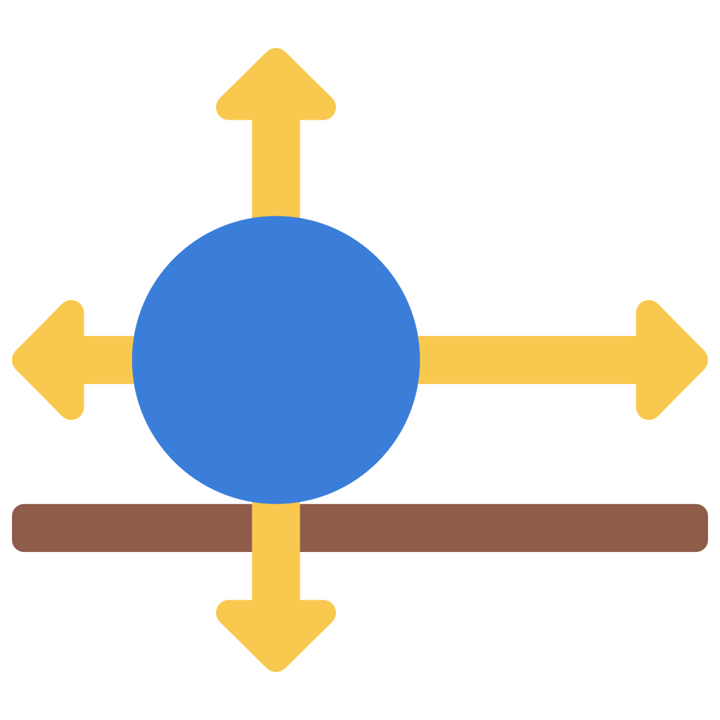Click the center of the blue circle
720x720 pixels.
(x=276, y=360)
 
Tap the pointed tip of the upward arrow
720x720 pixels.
(x=276, y=51)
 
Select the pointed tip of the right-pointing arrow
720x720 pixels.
(x=705, y=360)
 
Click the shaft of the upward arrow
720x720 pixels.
(x=276, y=169)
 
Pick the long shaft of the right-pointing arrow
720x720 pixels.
(x=527, y=360)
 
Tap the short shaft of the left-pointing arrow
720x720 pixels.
(x=109, y=360)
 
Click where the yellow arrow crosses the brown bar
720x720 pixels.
(x=276, y=527)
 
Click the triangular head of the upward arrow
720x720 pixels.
(x=276, y=88)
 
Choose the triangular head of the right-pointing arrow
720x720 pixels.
(x=668, y=360)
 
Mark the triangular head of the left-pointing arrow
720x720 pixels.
(x=53, y=360)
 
